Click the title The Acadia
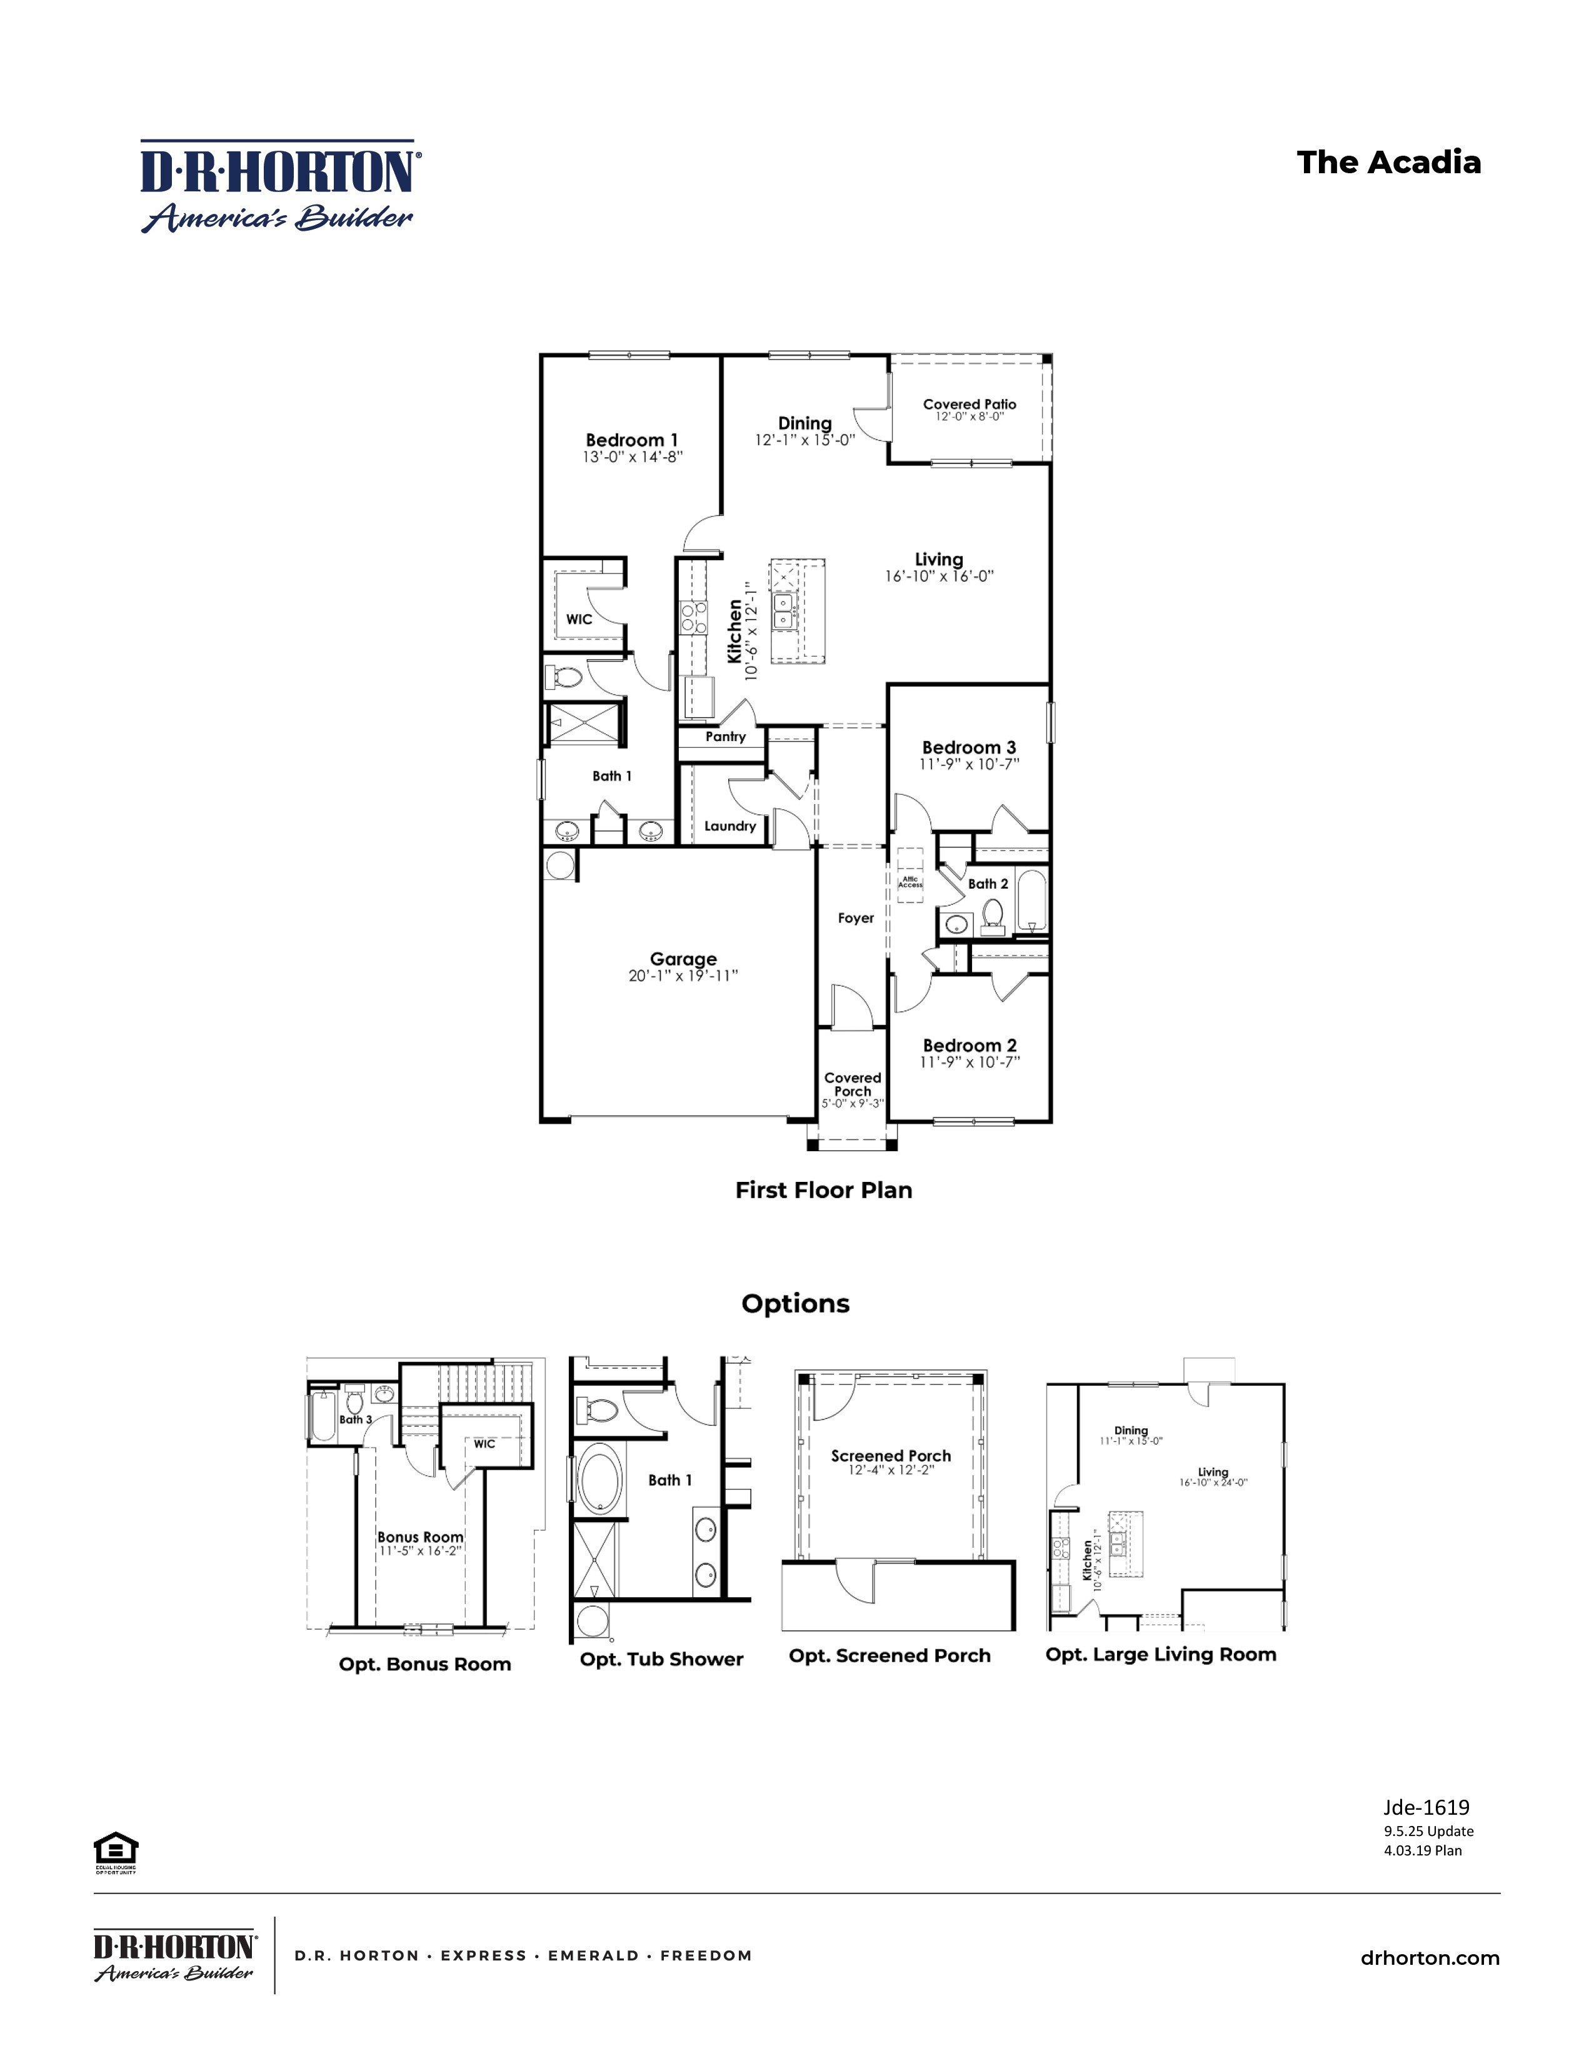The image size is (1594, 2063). click(x=1388, y=163)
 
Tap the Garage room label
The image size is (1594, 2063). click(x=683, y=959)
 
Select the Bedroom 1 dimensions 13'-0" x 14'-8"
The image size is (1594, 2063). click(x=632, y=457)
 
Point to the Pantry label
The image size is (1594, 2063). click(x=725, y=737)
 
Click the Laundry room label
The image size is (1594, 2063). click(x=730, y=825)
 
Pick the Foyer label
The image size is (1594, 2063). click(x=856, y=918)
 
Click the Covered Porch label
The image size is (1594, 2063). click(x=853, y=1084)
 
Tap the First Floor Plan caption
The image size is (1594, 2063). click(x=823, y=1190)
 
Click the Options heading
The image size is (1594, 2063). click(x=795, y=1304)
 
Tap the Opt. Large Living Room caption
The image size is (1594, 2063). click(x=1161, y=1654)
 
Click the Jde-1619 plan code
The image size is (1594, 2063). click(x=1426, y=1807)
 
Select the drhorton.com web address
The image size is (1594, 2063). click(x=1430, y=1958)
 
